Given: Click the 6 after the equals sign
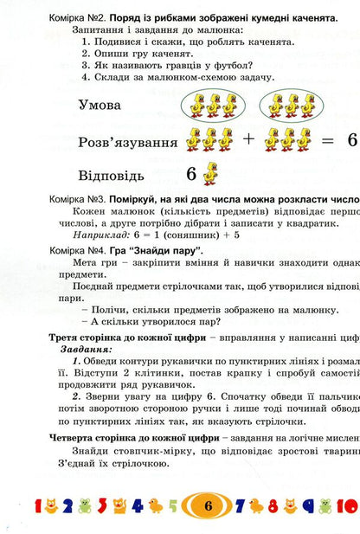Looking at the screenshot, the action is point(352,139).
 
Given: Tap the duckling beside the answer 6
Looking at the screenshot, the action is point(209,174).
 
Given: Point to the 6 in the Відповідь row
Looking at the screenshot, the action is point(191,174).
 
